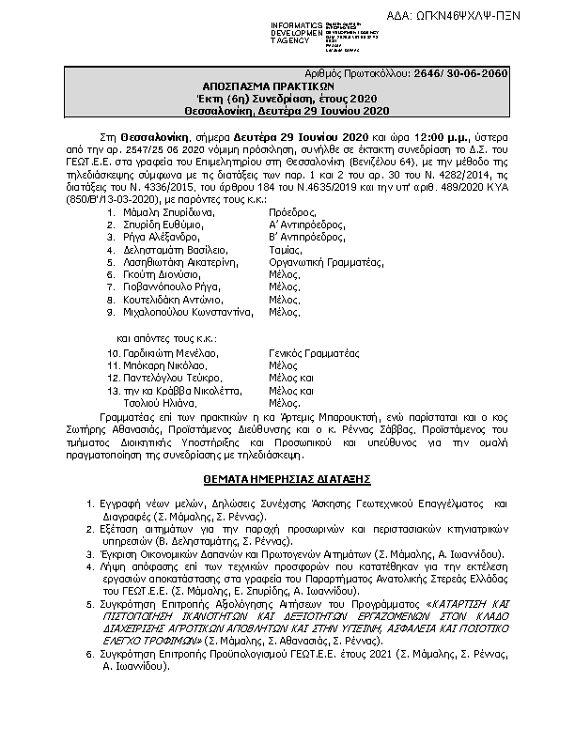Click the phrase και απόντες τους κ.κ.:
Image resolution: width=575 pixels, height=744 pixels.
pos(167,334)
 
